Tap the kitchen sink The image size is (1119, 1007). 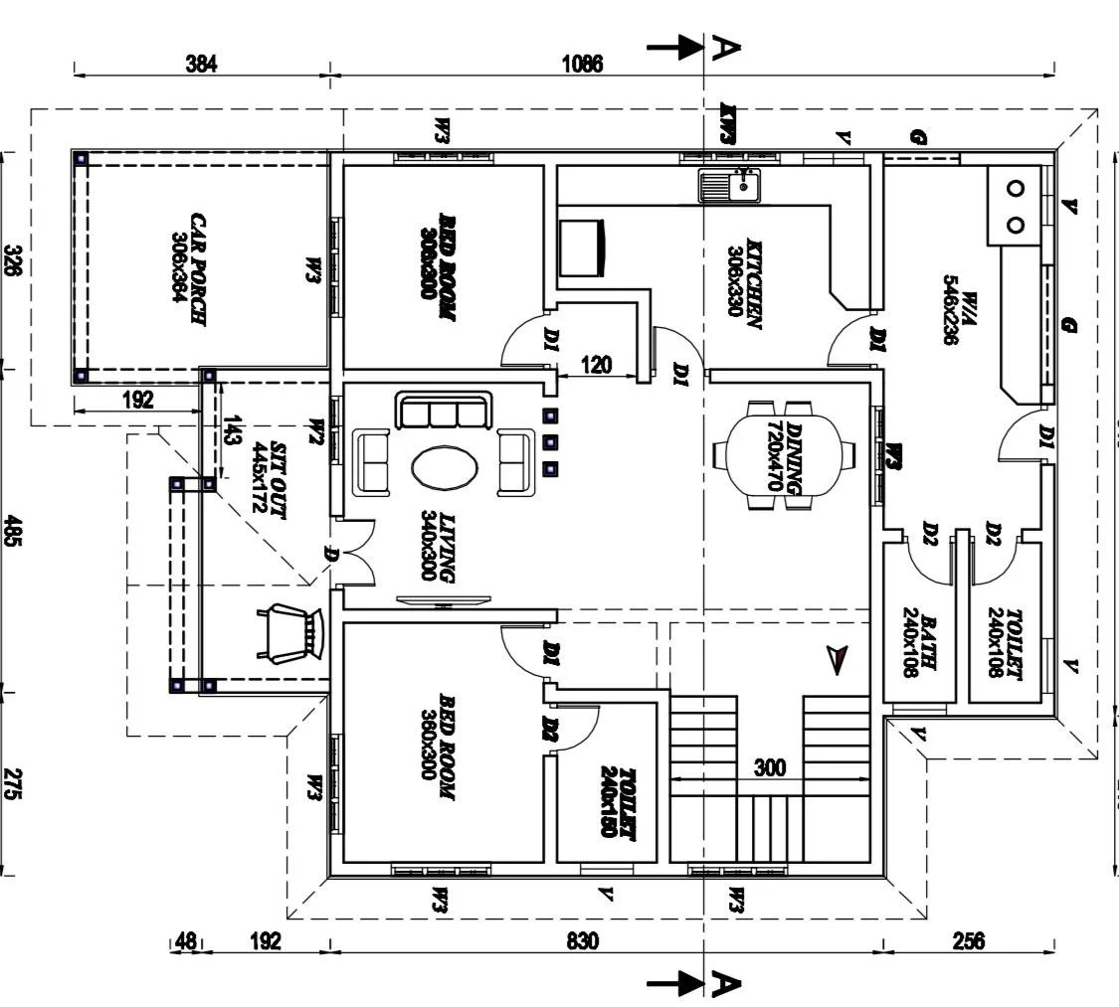(728, 186)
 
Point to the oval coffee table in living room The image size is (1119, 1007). (444, 467)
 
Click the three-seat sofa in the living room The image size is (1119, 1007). (444, 411)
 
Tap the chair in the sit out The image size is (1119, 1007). (291, 631)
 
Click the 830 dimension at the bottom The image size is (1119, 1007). (583, 940)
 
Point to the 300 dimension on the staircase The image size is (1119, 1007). (770, 767)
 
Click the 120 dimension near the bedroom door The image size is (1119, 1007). (596, 364)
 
